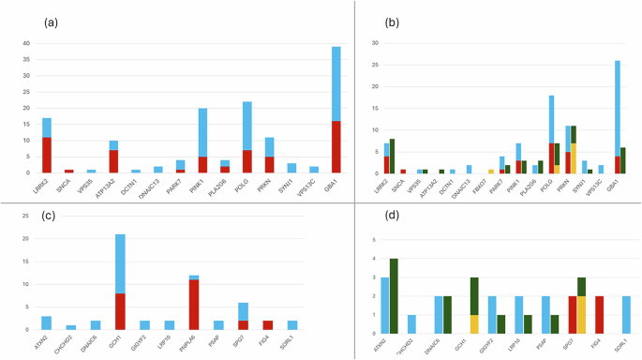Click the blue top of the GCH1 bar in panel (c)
click(119, 262)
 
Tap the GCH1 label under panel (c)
click(117, 344)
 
